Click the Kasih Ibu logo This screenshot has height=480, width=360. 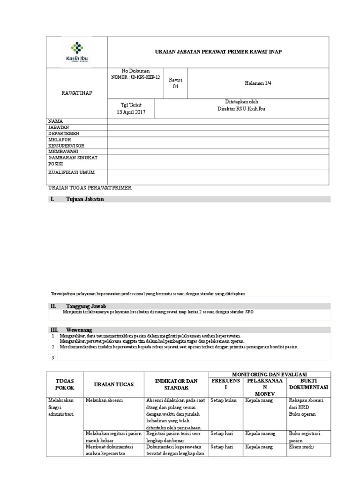point(76,52)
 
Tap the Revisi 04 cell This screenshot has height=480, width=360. point(175,83)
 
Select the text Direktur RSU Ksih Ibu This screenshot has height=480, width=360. point(241,109)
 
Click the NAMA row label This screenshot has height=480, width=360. point(55,121)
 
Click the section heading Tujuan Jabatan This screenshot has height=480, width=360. point(85,199)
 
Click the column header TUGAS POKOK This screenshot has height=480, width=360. point(65,384)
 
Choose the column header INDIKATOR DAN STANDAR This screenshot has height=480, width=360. point(176,384)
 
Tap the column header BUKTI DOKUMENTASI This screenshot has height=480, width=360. point(308,384)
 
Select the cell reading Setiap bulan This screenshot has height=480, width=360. point(224,400)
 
